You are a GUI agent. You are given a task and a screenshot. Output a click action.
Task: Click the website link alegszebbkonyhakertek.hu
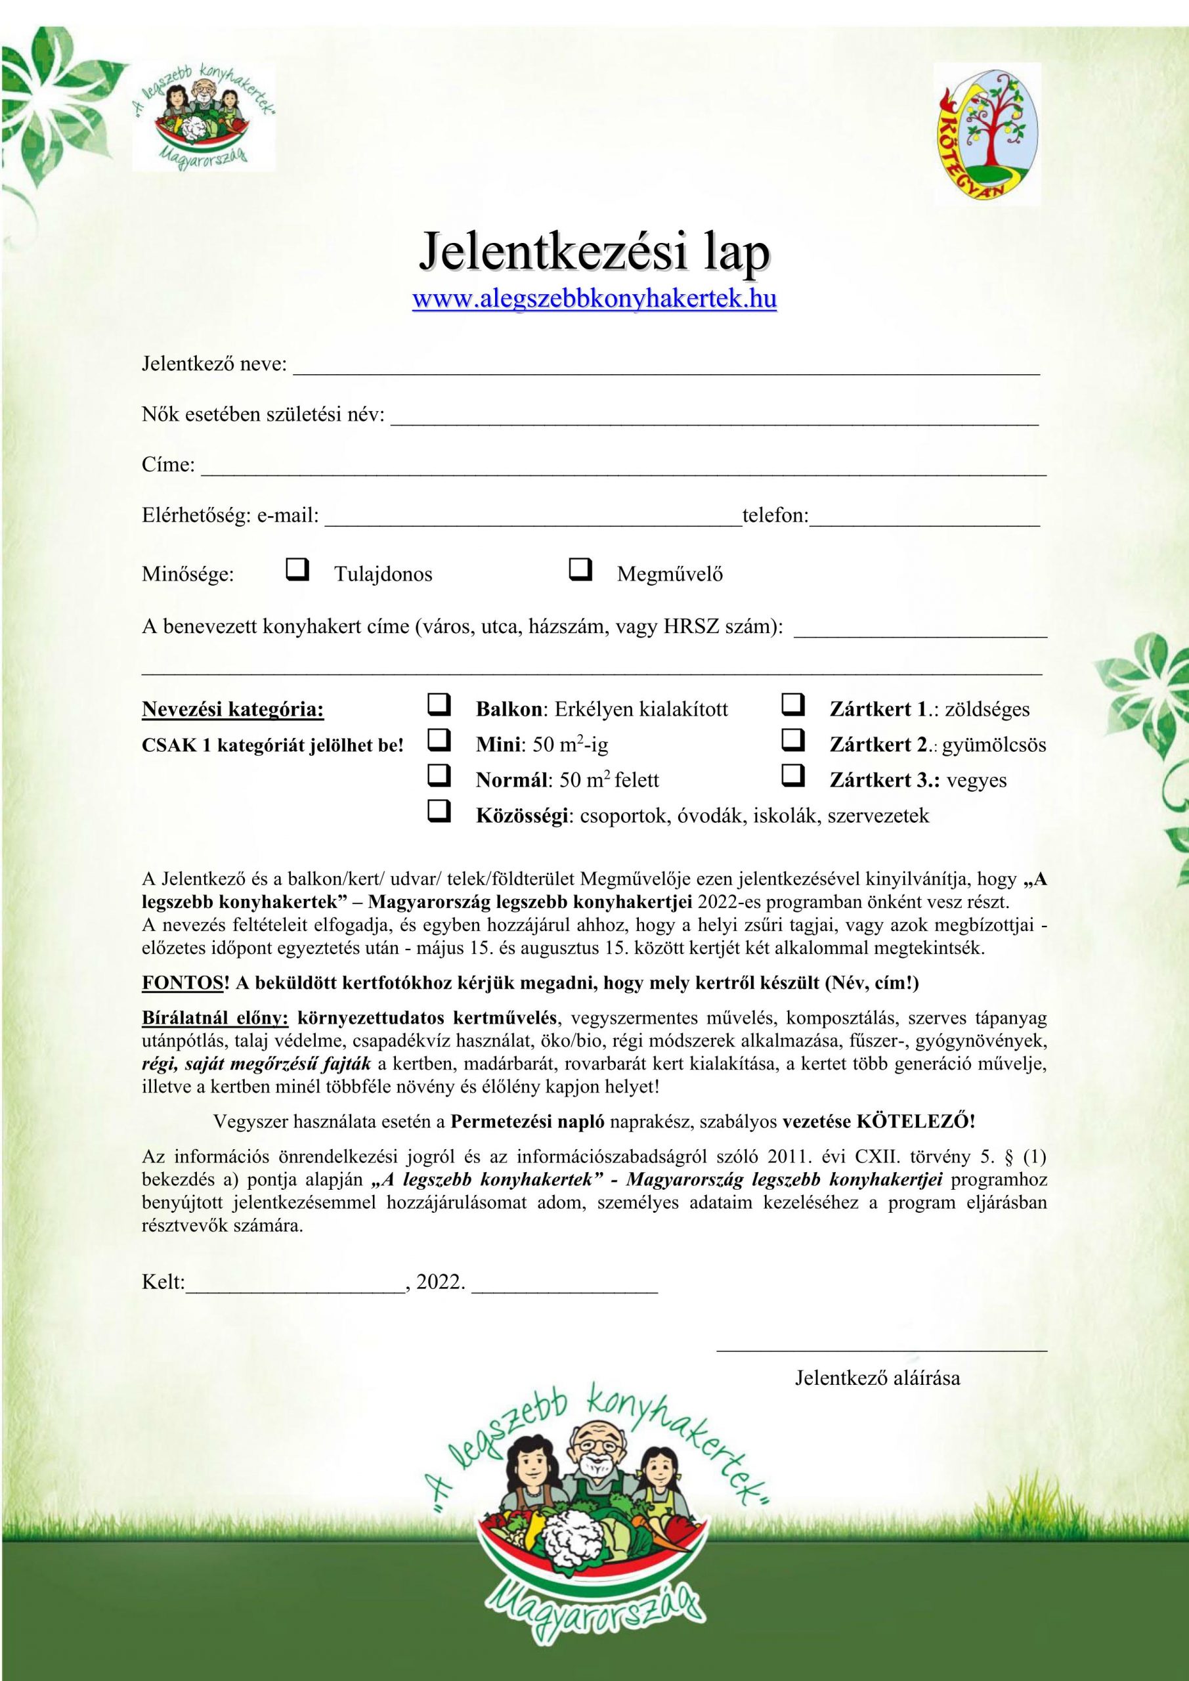595,300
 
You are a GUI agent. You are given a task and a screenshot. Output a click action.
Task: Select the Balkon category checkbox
438,705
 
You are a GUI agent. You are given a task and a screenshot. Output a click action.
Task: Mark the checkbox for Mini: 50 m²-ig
438,741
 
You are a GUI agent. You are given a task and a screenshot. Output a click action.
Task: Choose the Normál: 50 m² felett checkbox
438,776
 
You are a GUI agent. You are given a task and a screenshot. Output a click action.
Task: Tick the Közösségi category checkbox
438,811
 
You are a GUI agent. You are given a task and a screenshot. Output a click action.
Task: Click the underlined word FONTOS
182,983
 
